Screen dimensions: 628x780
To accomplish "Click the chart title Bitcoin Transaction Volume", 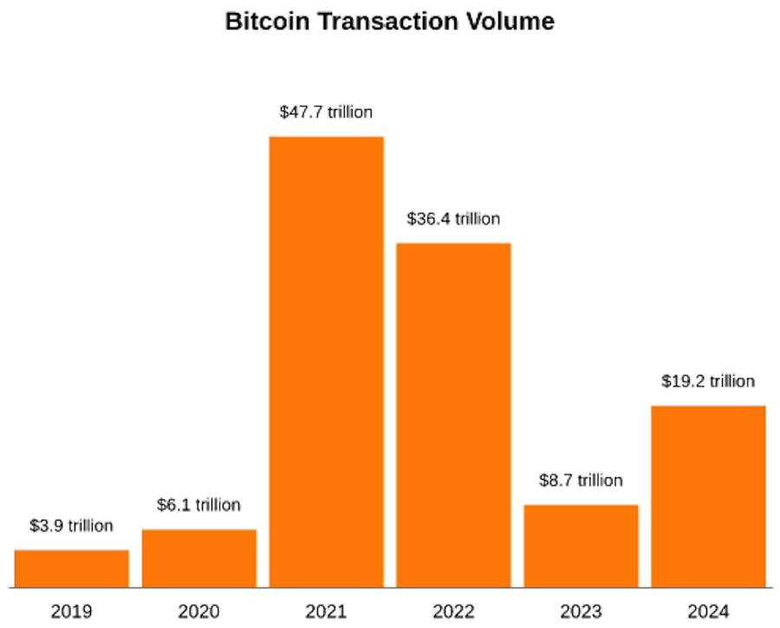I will click(x=389, y=23).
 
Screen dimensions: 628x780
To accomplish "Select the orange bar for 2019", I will click(x=72, y=568).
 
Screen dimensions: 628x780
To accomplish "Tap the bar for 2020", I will click(x=199, y=558).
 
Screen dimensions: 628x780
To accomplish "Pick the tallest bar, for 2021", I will click(x=327, y=361).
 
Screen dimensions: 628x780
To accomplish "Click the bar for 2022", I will click(x=454, y=414).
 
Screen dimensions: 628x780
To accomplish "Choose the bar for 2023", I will click(x=582, y=546).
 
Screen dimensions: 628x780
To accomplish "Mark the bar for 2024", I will click(x=708, y=495).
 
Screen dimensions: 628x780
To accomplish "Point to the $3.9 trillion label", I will click(x=72, y=526).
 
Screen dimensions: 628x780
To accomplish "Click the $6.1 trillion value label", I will click(x=199, y=505).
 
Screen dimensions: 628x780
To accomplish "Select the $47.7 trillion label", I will click(x=327, y=113).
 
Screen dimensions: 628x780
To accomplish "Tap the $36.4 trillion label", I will click(x=454, y=219).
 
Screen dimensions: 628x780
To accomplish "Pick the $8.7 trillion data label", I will click(x=582, y=481).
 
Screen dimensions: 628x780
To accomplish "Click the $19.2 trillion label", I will click(x=708, y=381).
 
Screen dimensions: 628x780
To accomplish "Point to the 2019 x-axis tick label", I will click(x=72, y=612).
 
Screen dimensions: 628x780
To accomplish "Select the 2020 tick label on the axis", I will click(x=199, y=612).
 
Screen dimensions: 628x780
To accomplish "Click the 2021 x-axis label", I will click(x=327, y=612).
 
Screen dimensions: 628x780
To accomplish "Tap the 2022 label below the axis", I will click(x=454, y=612).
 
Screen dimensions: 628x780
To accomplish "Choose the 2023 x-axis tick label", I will click(x=582, y=612).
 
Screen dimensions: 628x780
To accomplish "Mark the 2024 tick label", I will click(x=708, y=612).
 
